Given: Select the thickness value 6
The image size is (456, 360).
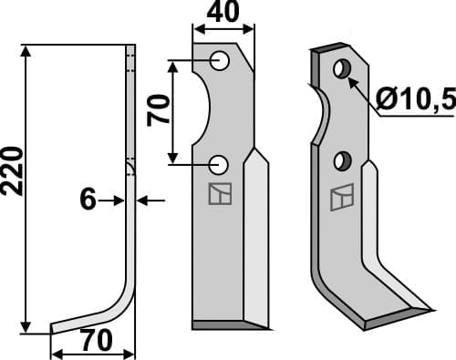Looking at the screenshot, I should (x=88, y=199).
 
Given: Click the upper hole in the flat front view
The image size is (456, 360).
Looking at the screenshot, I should (x=219, y=61).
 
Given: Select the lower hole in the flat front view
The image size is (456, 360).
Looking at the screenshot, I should (x=219, y=164).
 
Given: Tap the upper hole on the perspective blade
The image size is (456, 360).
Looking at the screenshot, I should (x=342, y=69).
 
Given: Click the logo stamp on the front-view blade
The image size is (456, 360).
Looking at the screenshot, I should (x=219, y=194).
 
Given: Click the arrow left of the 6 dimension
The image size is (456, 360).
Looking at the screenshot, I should (x=114, y=199).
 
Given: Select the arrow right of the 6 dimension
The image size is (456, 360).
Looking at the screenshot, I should (x=146, y=199).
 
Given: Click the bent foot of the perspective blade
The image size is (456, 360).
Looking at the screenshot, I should (x=392, y=310).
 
